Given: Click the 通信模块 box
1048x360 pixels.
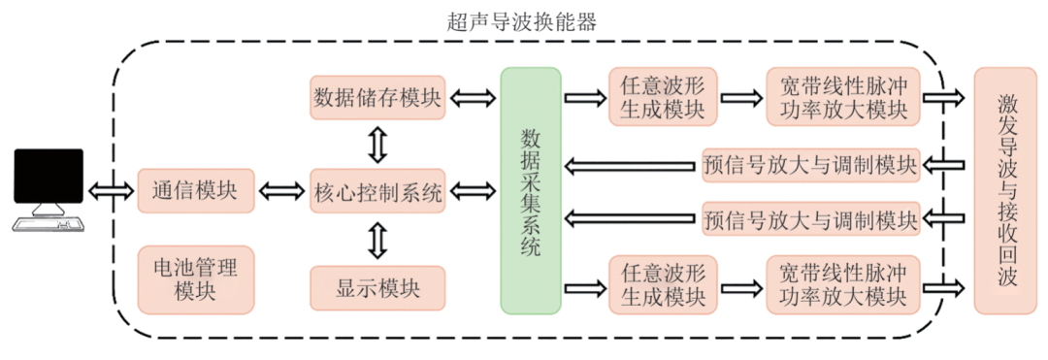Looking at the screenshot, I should [195, 189].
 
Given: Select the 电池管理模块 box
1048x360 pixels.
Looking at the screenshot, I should [195, 278].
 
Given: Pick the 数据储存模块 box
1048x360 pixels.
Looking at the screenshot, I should [378, 98].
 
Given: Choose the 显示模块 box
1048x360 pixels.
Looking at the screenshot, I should [378, 288].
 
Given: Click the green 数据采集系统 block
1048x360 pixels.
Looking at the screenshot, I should [531, 190].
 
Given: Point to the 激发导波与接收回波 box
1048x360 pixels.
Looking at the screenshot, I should [1005, 190].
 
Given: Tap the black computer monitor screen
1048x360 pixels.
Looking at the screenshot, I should [48, 176].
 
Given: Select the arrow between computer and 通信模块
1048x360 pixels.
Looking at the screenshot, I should [112, 189].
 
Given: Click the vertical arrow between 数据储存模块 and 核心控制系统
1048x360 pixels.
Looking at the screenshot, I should [377, 144].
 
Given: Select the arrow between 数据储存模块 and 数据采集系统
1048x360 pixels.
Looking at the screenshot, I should [474, 97].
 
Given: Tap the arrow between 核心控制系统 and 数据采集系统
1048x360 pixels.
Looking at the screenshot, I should [474, 190].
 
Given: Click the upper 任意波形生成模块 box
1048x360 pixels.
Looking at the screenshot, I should [663, 97].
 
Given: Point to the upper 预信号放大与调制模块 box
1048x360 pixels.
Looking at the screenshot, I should [809, 166].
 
